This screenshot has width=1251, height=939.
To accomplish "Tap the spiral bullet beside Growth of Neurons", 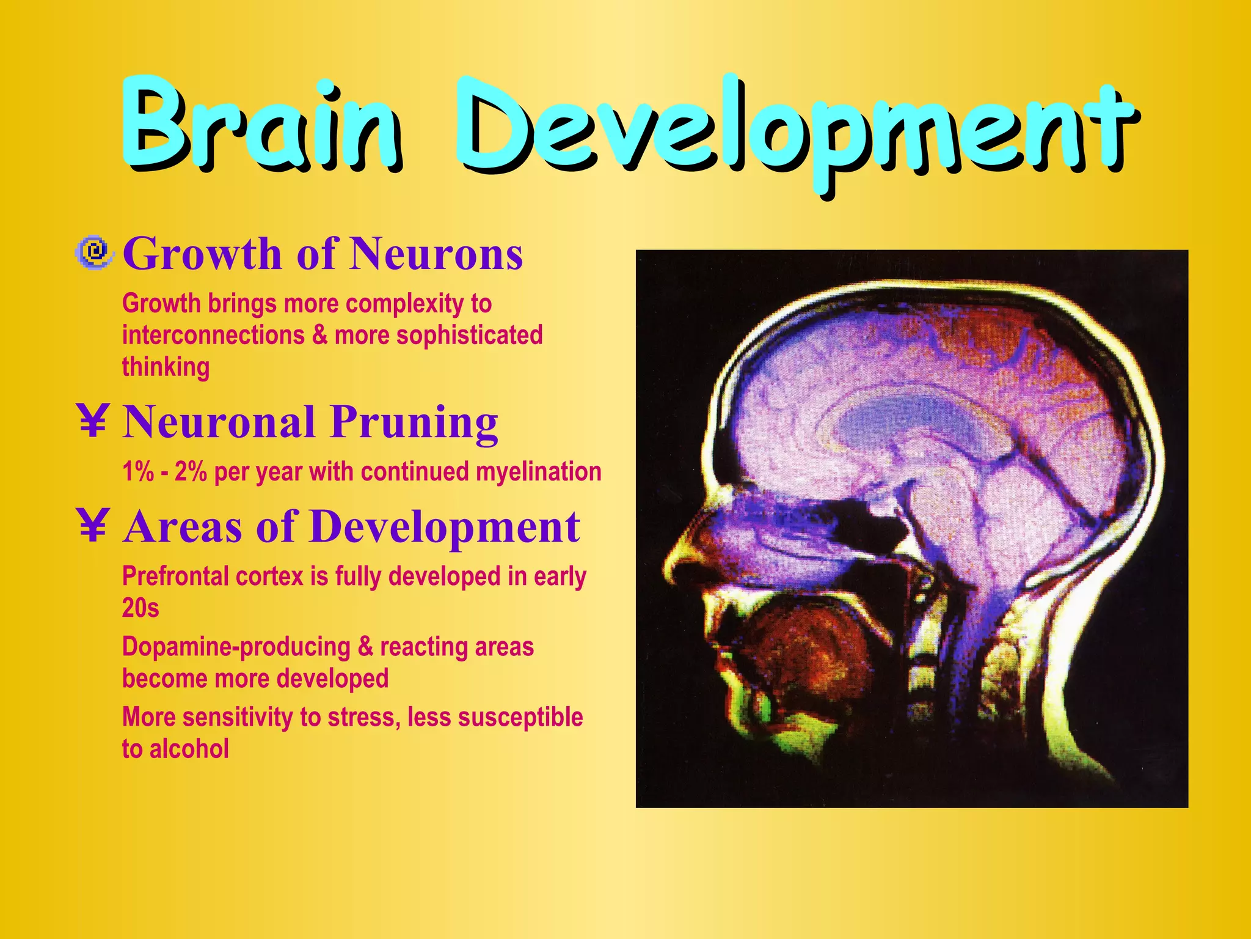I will pyautogui.click(x=94, y=252).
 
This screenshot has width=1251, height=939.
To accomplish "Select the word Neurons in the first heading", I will pyautogui.click(x=436, y=254).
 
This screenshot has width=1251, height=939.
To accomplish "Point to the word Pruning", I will pyautogui.click(x=415, y=423).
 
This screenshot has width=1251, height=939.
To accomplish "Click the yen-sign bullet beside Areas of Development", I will pyautogui.click(x=93, y=526).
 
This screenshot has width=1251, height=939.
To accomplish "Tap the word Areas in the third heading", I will pyautogui.click(x=183, y=527).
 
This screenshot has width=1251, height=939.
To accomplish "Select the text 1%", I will pyautogui.click(x=137, y=472).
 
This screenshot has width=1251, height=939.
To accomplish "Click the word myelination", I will pyautogui.click(x=538, y=472).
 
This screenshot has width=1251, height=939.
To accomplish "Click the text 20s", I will pyautogui.click(x=140, y=608).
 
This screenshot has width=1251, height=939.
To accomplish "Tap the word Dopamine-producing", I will pyautogui.click(x=236, y=647).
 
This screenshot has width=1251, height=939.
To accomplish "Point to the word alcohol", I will pyautogui.click(x=189, y=749).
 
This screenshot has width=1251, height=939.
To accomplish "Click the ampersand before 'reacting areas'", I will pyautogui.click(x=365, y=647).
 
